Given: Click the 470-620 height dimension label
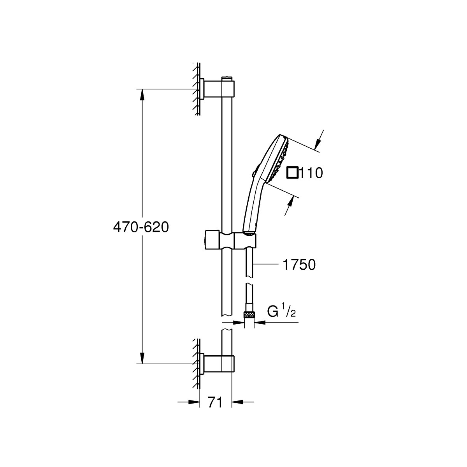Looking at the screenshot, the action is (141, 228).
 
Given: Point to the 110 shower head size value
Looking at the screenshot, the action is (311, 173).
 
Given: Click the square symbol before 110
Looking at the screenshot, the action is (293, 173).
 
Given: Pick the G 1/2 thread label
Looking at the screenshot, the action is (281, 312).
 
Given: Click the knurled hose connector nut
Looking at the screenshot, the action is (249, 315).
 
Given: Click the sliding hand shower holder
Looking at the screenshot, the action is (230, 240).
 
